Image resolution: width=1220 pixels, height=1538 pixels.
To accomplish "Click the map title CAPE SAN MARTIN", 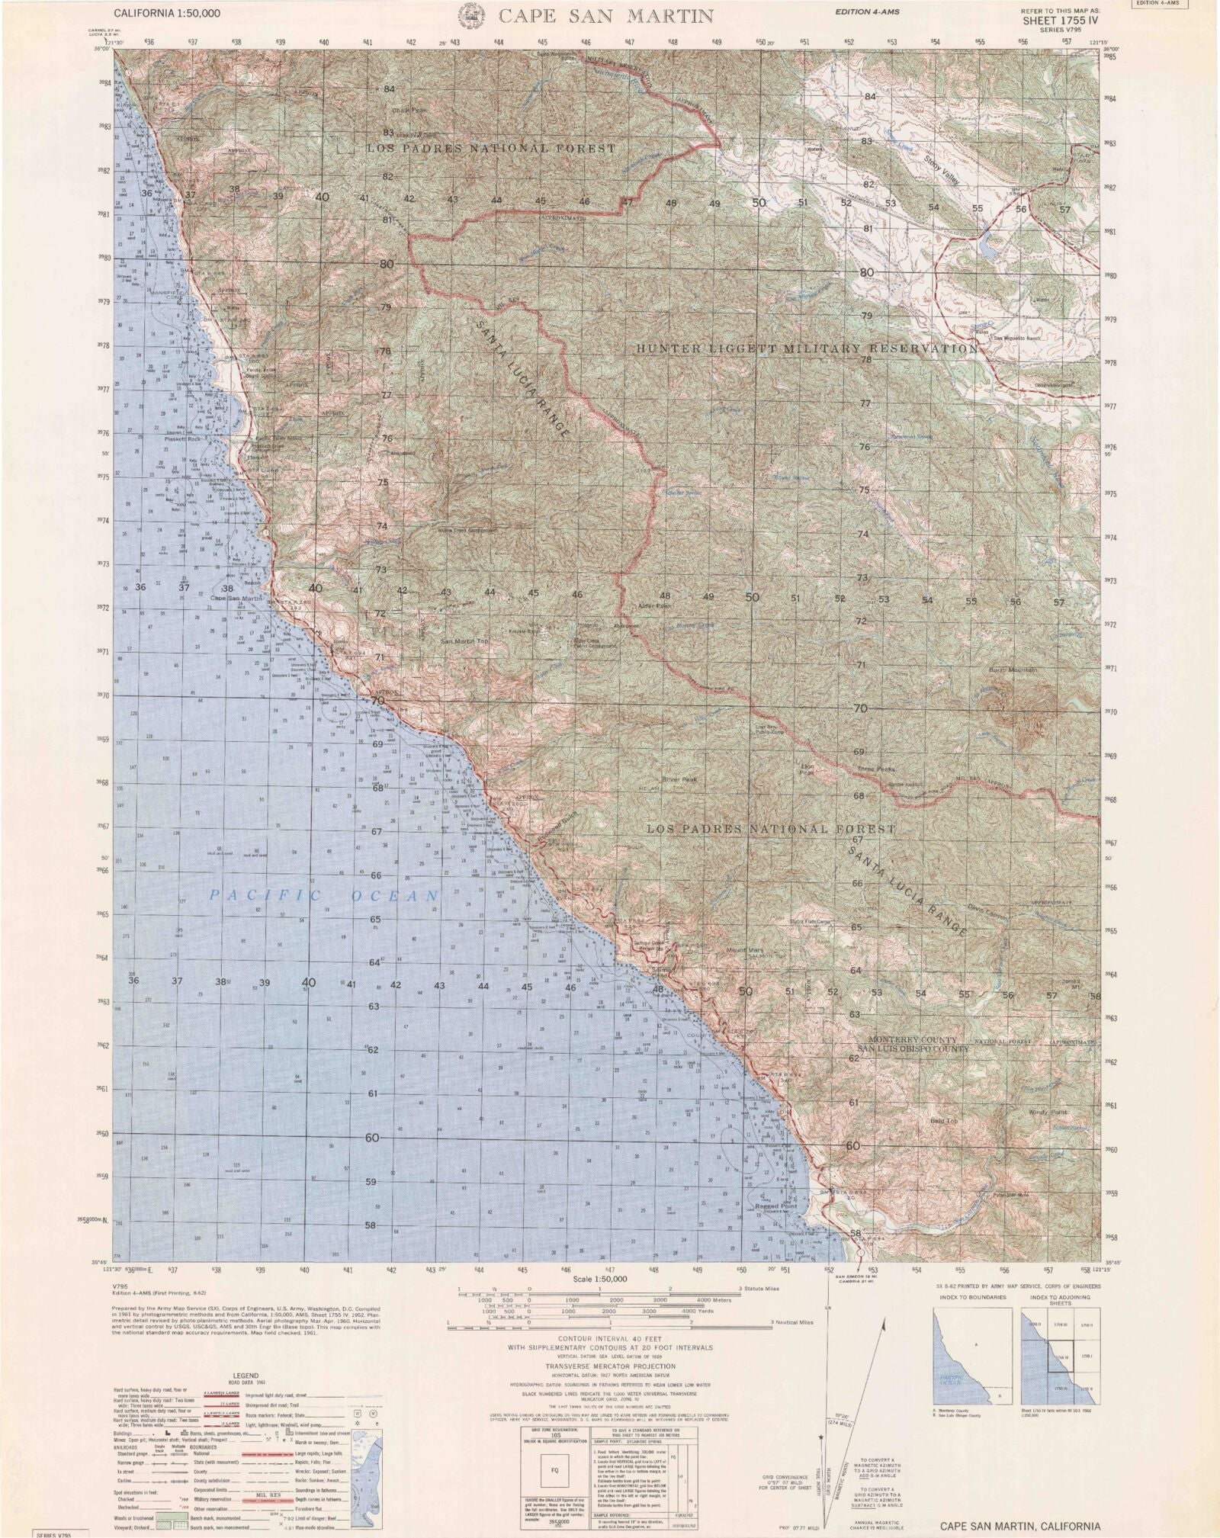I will (x=606, y=15).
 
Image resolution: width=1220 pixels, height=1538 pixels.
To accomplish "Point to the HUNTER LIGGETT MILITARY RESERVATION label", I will (x=807, y=348).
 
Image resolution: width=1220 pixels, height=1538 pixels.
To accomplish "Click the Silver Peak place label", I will (x=679, y=780).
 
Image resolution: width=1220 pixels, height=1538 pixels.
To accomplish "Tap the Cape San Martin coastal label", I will (x=237, y=599).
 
